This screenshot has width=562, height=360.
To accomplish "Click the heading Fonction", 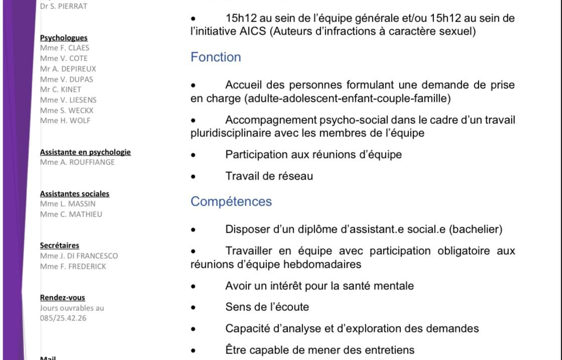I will (x=216, y=57).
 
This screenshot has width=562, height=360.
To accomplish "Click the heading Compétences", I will (x=231, y=202).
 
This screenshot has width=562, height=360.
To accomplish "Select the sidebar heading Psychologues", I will (x=64, y=38).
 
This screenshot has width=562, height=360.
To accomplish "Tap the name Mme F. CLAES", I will (x=65, y=48).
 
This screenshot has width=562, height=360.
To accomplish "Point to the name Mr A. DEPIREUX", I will (x=68, y=69).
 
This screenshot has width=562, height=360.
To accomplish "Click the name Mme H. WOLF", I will (x=65, y=121).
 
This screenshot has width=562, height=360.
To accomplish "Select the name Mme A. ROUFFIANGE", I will (x=77, y=162).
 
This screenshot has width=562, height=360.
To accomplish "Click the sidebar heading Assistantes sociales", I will (x=75, y=194).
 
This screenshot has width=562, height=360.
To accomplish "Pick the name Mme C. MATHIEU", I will (x=71, y=215).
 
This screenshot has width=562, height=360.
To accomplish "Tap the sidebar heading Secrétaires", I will (x=60, y=246).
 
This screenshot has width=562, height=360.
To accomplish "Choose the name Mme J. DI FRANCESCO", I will (x=79, y=256).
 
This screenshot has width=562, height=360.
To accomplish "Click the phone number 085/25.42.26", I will (x=63, y=318).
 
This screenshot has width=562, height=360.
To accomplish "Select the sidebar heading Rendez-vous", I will (x=63, y=298).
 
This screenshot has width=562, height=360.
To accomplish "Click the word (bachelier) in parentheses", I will (x=475, y=230).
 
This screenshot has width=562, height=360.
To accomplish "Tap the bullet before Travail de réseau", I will (x=193, y=176).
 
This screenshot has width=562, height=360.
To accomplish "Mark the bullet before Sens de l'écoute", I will (x=193, y=307).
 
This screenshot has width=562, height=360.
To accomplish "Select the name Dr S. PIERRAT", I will (x=64, y=7).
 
